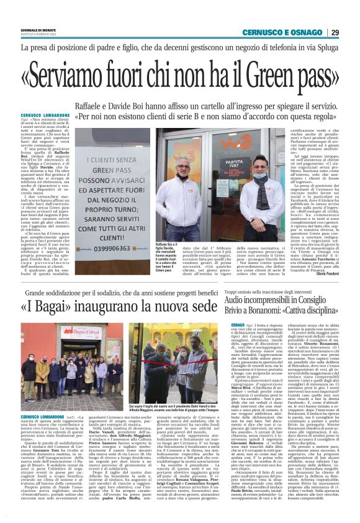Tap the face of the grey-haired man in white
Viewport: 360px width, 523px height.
(182, 173)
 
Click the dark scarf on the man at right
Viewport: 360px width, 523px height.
(256, 195)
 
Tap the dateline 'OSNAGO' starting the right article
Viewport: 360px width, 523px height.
(237, 325)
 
